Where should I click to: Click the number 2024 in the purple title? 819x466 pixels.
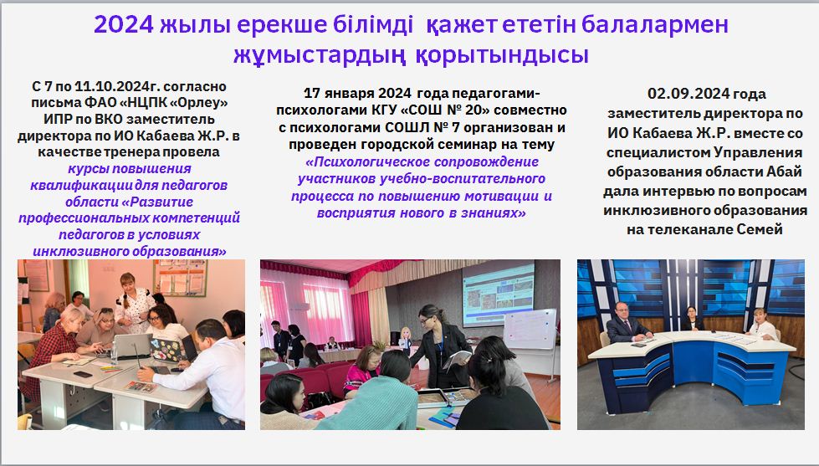point(124,24)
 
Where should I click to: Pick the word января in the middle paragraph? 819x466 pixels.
point(350,94)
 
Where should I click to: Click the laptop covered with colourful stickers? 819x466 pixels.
point(168,350)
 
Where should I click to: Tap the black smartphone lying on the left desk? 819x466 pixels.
point(83,374)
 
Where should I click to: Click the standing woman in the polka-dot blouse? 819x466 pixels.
point(134,302)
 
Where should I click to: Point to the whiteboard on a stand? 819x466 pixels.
point(529,330)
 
